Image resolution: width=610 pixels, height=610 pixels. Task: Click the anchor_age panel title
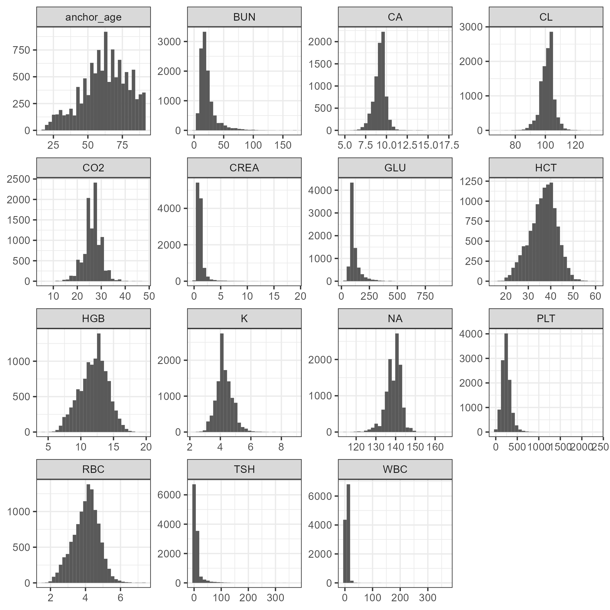click(x=94, y=17)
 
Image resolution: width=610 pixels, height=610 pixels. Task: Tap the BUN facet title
click(x=244, y=17)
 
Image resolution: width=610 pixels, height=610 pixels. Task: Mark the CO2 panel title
click(x=94, y=168)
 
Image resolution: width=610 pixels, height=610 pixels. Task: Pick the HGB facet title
click(x=94, y=319)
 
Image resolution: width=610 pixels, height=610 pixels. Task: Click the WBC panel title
click(x=395, y=469)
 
